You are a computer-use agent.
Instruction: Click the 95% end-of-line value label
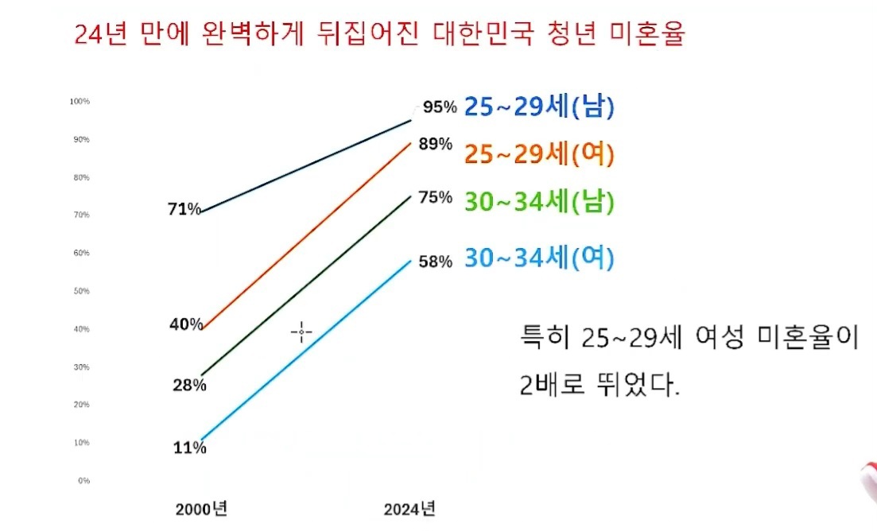point(440,107)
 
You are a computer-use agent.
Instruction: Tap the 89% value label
point(435,145)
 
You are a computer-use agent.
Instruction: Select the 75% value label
point(435,198)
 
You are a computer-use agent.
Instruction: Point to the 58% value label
point(435,262)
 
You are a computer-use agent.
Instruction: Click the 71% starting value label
point(184,210)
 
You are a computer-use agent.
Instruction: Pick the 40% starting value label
point(186,324)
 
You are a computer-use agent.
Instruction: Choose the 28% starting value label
point(189,386)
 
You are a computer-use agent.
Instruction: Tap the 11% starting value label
point(189,448)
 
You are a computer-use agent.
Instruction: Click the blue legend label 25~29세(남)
point(540,108)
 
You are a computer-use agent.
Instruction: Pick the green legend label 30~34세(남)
point(540,202)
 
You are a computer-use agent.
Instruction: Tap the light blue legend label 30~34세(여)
point(540,258)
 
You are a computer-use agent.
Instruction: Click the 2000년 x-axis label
point(202,509)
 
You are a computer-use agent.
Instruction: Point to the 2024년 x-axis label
point(409,509)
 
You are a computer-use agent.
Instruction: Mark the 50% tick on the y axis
point(81,291)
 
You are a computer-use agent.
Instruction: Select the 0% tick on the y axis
point(83,481)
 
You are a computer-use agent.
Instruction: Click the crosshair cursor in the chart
point(301,332)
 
